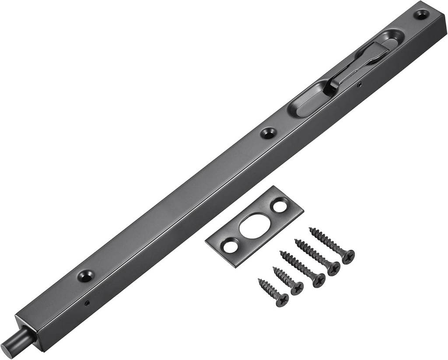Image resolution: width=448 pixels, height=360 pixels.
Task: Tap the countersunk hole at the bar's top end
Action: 421,14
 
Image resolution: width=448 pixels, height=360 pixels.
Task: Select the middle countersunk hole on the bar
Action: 268,133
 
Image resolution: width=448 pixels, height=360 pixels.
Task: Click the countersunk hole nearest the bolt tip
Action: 85,276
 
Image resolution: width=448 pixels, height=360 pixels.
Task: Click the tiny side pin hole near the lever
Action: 359,84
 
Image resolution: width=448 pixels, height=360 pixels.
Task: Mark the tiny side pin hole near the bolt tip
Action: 87,303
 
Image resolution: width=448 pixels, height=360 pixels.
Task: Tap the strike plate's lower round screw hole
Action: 230,246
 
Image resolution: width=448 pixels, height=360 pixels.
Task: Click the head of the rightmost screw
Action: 348,257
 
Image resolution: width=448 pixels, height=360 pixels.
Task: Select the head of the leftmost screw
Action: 282,300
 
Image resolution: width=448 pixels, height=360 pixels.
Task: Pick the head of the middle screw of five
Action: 318,280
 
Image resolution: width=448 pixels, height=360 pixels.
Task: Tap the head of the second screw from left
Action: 297,288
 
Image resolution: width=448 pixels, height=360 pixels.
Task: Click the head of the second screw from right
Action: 333,268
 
